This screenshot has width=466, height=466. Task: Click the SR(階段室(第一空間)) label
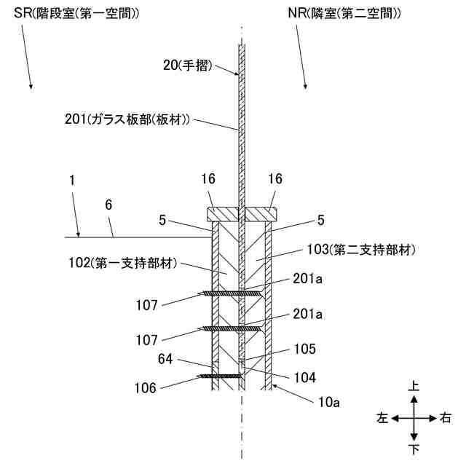pyautogui.click(x=76, y=14)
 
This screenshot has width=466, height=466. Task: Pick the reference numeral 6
pyautogui.click(x=108, y=206)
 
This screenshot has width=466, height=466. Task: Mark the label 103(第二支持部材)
pyautogui.click(x=371, y=250)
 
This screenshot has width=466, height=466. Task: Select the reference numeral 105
pyautogui.click(x=306, y=349)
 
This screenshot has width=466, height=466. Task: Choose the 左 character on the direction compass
pyautogui.click(x=382, y=419)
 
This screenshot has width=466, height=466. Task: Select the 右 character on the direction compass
pyautogui.click(x=446, y=419)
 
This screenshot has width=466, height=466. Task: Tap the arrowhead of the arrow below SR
pyautogui.click(x=31, y=87)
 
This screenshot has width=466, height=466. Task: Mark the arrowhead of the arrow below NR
pyautogui.click(x=304, y=88)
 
